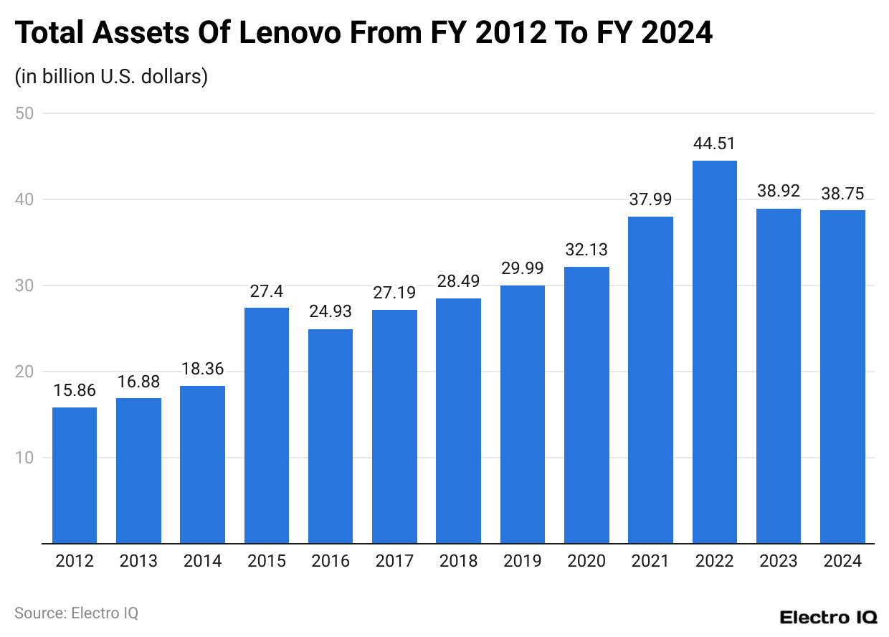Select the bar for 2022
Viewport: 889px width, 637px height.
point(714,351)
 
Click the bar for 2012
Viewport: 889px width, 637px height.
point(75,475)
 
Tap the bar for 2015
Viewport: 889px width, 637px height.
point(267,425)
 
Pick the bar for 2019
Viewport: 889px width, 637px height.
point(523,414)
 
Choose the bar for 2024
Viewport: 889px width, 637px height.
point(842,377)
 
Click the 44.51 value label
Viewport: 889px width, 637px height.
point(714,143)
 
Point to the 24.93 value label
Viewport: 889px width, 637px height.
point(331,312)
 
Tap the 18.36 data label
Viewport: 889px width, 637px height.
point(202,369)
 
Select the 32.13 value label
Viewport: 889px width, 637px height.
point(586,250)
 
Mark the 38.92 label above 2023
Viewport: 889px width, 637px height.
point(779,192)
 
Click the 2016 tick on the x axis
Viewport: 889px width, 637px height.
point(331,561)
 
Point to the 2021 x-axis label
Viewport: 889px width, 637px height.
point(650,561)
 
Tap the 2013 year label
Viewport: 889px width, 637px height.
point(138,561)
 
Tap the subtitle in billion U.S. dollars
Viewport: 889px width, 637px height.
point(111,76)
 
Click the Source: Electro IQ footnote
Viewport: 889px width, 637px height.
point(76,613)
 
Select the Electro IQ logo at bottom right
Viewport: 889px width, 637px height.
point(828,618)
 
